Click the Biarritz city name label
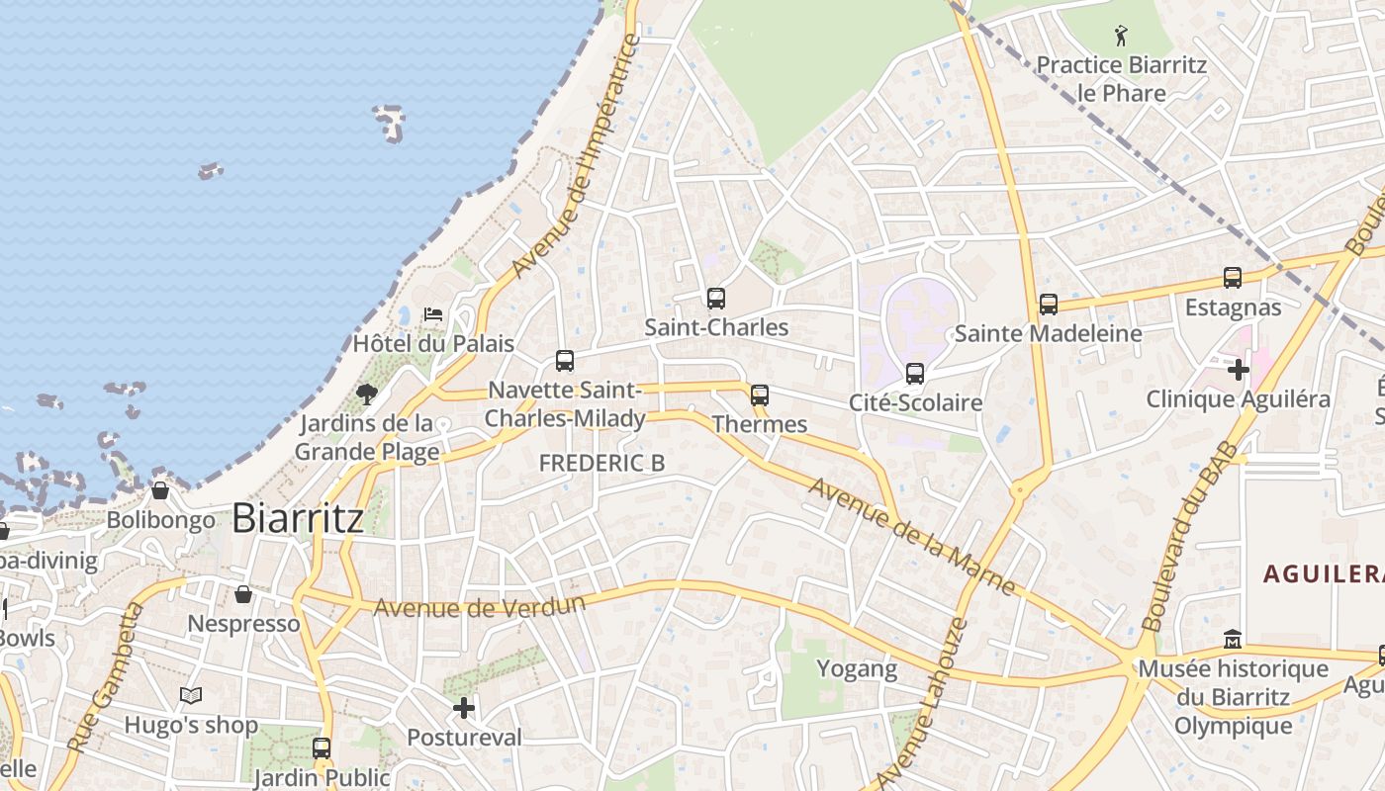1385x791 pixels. tap(298, 518)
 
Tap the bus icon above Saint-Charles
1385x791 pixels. tap(716, 299)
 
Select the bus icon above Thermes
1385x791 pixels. tap(760, 395)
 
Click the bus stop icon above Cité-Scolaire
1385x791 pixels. tap(915, 374)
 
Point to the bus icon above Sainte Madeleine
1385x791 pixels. tap(1049, 305)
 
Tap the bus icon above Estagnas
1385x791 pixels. tap(1233, 278)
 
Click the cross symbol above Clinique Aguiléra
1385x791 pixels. tap(1238, 370)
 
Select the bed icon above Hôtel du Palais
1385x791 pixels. tap(433, 314)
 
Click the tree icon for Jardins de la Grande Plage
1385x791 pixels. tap(367, 395)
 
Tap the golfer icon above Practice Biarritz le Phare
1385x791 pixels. tap(1121, 37)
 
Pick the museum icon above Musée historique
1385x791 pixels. tap(1233, 640)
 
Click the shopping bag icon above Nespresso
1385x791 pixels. tap(243, 594)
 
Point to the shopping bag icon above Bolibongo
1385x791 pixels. tap(160, 490)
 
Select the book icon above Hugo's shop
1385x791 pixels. tap(191, 696)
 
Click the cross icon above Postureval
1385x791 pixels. tap(464, 708)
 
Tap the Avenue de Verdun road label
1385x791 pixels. tap(480, 606)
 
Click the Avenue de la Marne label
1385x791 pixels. tap(911, 537)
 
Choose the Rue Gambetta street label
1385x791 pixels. tap(104, 677)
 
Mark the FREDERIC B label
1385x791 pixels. tap(601, 463)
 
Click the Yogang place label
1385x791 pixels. tap(857, 668)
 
